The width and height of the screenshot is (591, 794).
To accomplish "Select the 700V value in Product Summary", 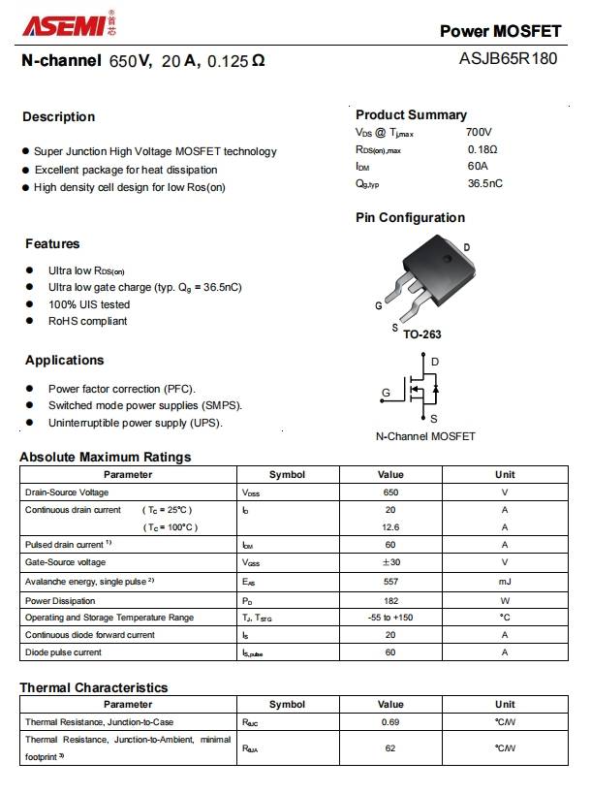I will point(479,132).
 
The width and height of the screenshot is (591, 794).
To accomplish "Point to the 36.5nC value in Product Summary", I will point(484,183).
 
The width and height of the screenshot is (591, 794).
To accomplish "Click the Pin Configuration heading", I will point(410,217).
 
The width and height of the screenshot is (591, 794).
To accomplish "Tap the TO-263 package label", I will point(421,334).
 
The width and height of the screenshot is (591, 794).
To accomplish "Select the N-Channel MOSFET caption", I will point(425,436).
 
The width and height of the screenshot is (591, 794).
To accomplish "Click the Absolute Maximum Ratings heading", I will point(106,457).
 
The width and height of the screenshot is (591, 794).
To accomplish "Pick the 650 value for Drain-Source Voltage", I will point(390,492).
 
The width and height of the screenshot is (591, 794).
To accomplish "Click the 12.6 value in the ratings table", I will point(390,527).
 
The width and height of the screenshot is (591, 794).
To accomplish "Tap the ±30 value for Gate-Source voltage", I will point(390,562).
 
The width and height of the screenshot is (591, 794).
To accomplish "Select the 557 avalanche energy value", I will point(390,582).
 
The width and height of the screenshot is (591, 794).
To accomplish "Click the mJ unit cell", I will point(505,582).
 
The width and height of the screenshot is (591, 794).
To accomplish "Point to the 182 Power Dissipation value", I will point(390,601).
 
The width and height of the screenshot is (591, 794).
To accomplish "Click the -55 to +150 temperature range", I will point(390,618).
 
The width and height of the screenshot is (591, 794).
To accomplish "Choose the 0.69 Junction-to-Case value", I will point(390,723).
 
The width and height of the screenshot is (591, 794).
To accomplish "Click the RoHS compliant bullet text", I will point(87,321).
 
